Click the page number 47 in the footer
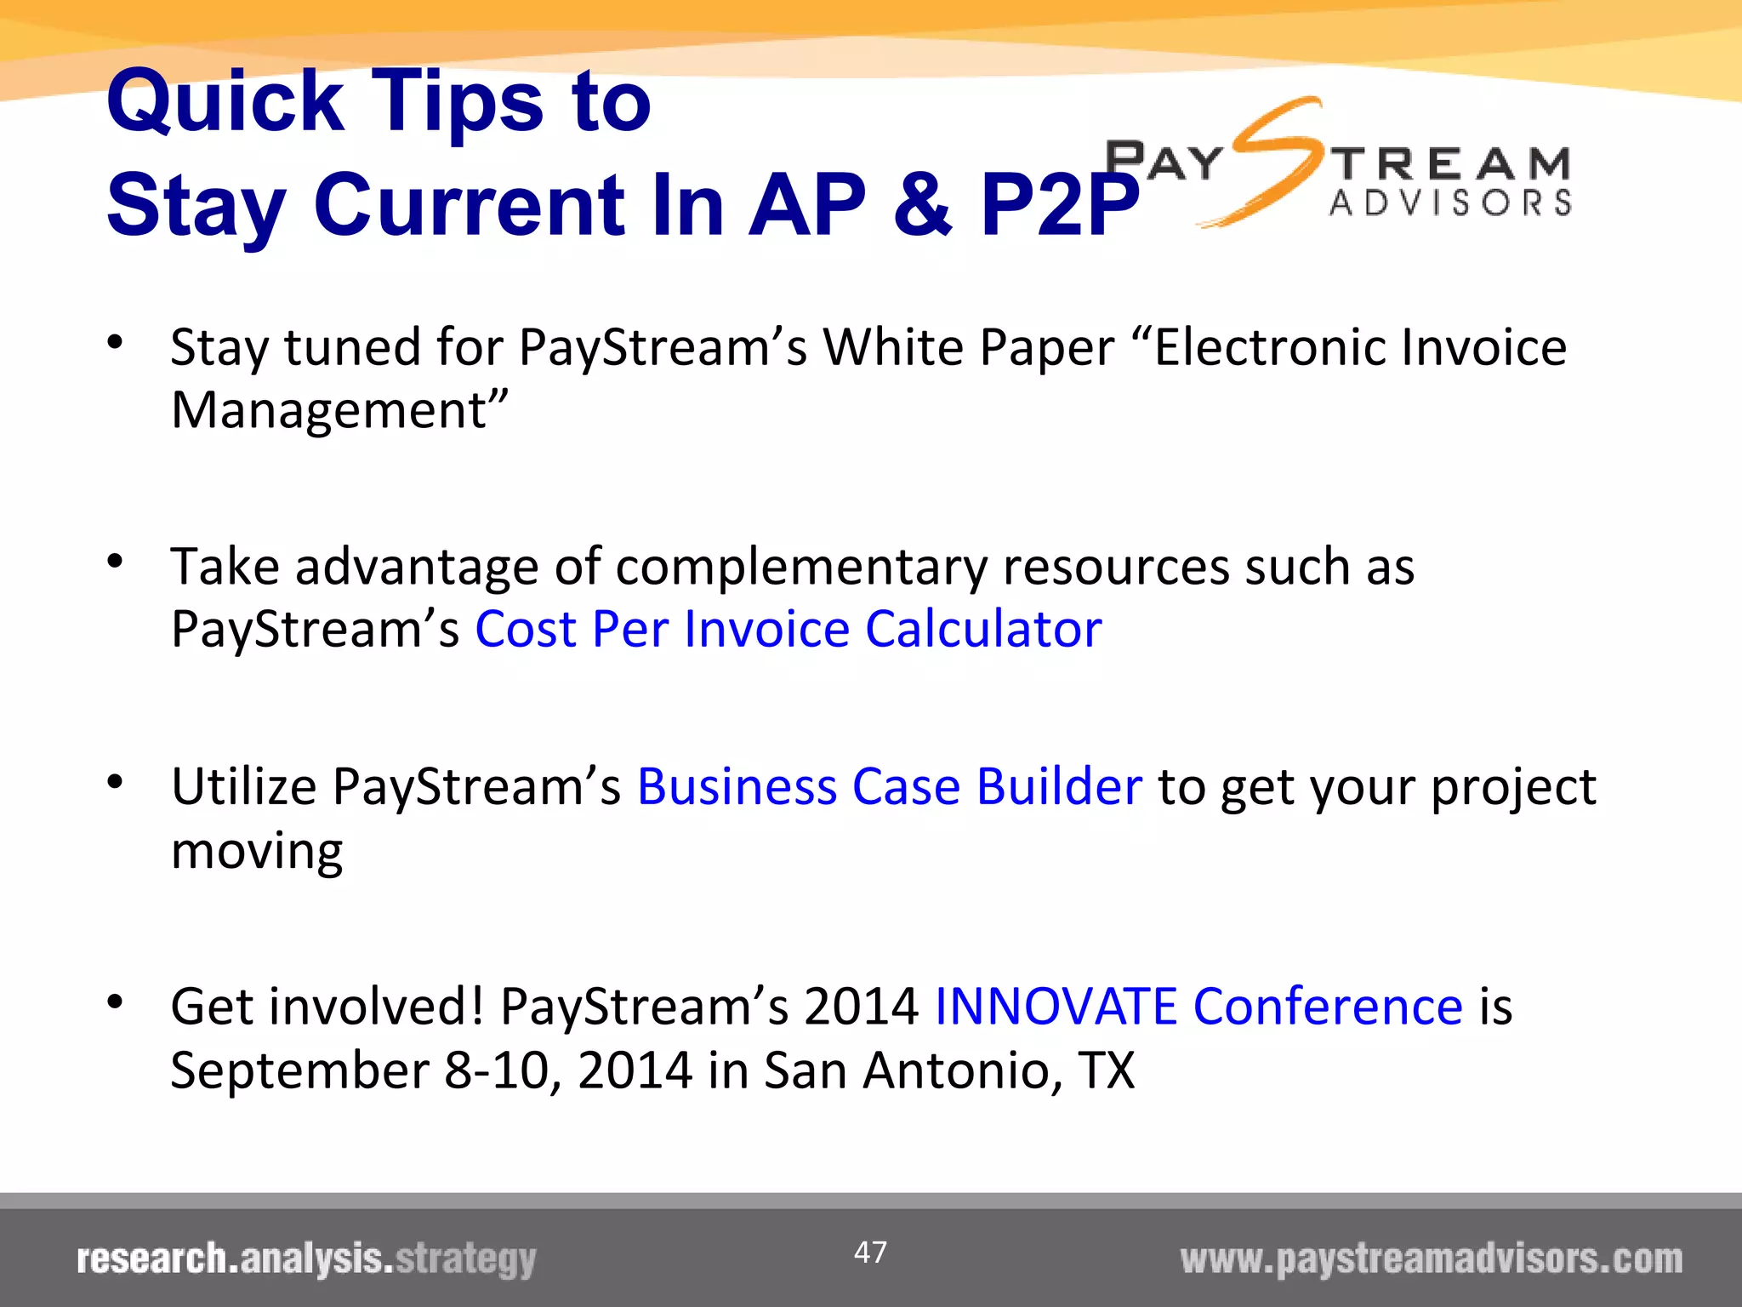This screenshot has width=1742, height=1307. (x=870, y=1252)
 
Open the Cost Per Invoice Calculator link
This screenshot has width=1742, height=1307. (x=788, y=630)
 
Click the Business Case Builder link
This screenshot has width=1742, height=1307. (x=889, y=786)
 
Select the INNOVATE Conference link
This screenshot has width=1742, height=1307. (x=1198, y=1007)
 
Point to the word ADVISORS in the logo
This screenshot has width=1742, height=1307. (x=1449, y=203)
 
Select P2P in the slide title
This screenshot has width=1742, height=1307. (x=1058, y=205)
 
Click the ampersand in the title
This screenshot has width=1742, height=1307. (x=922, y=205)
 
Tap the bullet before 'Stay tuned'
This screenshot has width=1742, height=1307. (x=116, y=343)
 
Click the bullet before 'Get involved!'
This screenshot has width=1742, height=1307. (x=116, y=1002)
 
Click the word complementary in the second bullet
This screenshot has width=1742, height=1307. (x=800, y=567)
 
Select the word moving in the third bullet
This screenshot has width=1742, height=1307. (x=257, y=851)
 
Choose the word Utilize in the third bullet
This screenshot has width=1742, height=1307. (x=244, y=786)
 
